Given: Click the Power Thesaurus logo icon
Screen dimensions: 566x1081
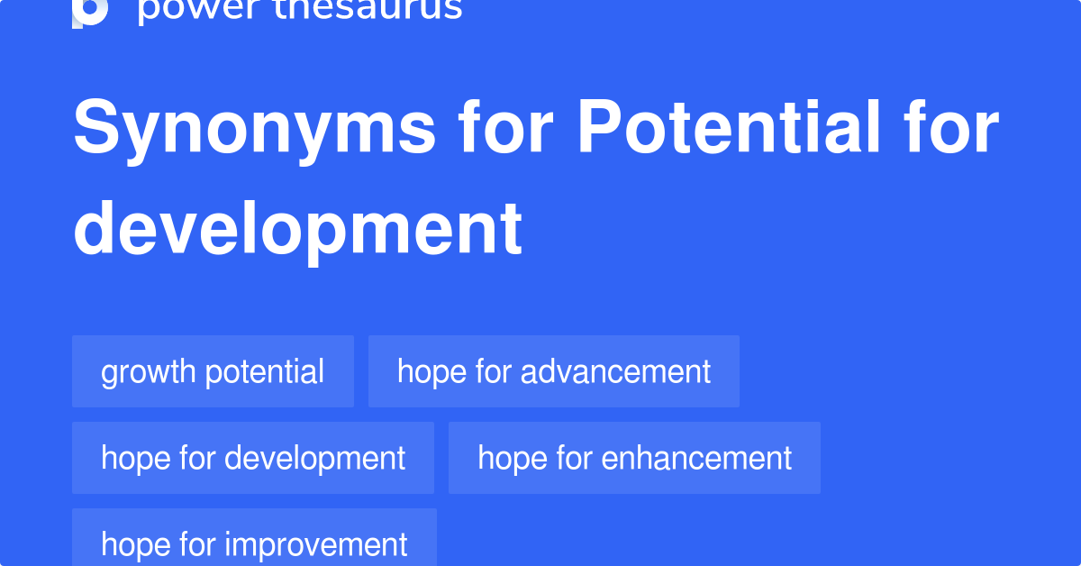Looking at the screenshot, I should (x=90, y=11).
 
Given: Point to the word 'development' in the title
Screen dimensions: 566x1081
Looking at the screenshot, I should (x=297, y=228).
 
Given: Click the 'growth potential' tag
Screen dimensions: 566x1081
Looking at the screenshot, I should (x=213, y=371).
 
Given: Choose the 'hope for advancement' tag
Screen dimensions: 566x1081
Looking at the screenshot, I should (x=553, y=371).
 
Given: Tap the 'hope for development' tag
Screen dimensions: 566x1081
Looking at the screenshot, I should (x=253, y=458).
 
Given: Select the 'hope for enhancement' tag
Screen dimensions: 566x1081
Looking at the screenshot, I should (x=634, y=458).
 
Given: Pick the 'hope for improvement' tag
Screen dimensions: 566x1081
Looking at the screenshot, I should (x=254, y=543).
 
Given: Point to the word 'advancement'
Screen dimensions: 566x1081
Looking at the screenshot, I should (x=616, y=371).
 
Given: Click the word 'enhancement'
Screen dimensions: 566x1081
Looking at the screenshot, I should (x=696, y=458).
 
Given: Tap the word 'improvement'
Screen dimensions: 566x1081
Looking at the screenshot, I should (x=316, y=544).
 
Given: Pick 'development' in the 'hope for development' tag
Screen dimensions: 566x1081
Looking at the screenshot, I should (x=315, y=458).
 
